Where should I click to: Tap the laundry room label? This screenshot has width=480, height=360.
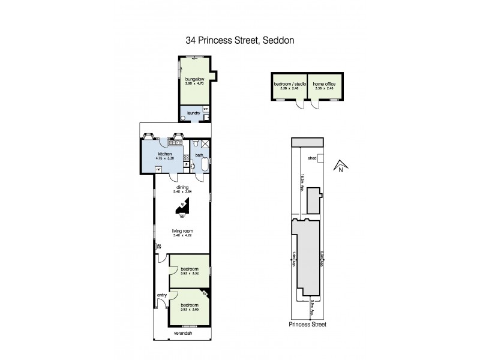pos(193,113)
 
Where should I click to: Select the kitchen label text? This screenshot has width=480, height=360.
pos(165,154)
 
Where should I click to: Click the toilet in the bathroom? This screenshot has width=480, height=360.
pos(196,143)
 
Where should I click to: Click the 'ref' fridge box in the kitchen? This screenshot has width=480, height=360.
pos(158,169)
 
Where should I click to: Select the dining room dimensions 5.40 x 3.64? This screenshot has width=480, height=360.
pos(182,191)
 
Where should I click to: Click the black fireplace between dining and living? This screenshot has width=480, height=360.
pos(183,208)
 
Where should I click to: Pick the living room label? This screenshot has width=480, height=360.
pos(182,230)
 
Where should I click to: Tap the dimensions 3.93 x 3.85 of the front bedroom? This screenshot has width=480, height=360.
pos(189,308)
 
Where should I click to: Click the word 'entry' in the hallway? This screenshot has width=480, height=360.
pos(161,295)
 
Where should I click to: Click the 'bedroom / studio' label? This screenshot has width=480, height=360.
pos(290,84)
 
